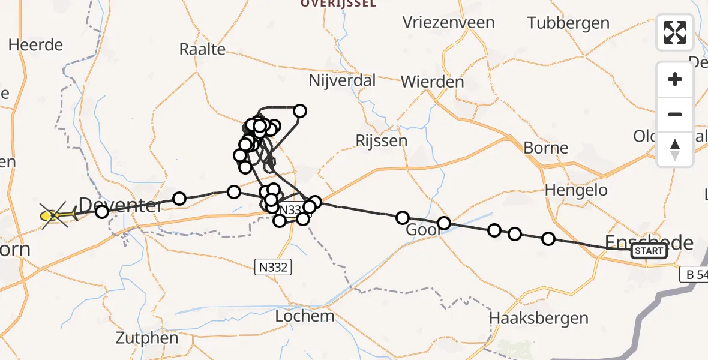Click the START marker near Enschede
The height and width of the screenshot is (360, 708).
649,251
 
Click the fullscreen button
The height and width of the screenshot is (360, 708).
675,32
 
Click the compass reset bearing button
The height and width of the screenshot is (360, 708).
675,149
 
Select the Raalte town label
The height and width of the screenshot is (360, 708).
202,49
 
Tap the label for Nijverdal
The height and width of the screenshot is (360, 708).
342,80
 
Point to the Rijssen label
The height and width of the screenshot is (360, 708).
381,141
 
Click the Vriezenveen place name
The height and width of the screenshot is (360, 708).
449,23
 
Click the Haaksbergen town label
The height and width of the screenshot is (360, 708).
539,317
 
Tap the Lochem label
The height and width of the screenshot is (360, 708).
304,316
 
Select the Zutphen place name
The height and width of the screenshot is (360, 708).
148,338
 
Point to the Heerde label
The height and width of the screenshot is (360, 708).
36,45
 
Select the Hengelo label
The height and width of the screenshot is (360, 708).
576,191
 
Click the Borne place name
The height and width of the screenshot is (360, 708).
545,148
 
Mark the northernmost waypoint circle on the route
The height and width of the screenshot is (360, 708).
299,111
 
